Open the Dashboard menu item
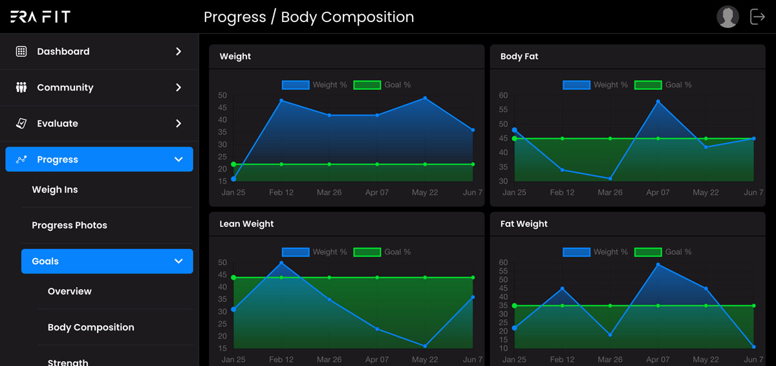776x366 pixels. coord(63,52)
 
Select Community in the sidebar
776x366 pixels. coord(65,87)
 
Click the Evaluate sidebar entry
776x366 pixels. coord(57,124)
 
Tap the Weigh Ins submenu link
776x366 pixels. coord(55,189)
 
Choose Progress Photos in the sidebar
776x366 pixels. coord(69,225)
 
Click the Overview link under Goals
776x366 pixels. coord(70,291)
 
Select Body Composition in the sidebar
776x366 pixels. coord(91,327)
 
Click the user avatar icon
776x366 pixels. coord(727,17)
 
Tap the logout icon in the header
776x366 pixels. coord(757,17)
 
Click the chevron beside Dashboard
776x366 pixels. coord(178,52)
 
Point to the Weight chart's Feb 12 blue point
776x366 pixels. coord(281,101)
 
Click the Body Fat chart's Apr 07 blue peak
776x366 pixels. coord(658,102)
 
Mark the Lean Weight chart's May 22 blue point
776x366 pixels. coord(425,346)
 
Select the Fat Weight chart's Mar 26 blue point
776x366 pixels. coord(610,335)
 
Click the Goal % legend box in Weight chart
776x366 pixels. coord(367,85)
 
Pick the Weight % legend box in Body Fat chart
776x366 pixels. coord(576,85)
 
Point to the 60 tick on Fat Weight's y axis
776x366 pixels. coord(503,263)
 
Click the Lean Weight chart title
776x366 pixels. coord(246,224)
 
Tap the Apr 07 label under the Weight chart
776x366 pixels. coord(377,193)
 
